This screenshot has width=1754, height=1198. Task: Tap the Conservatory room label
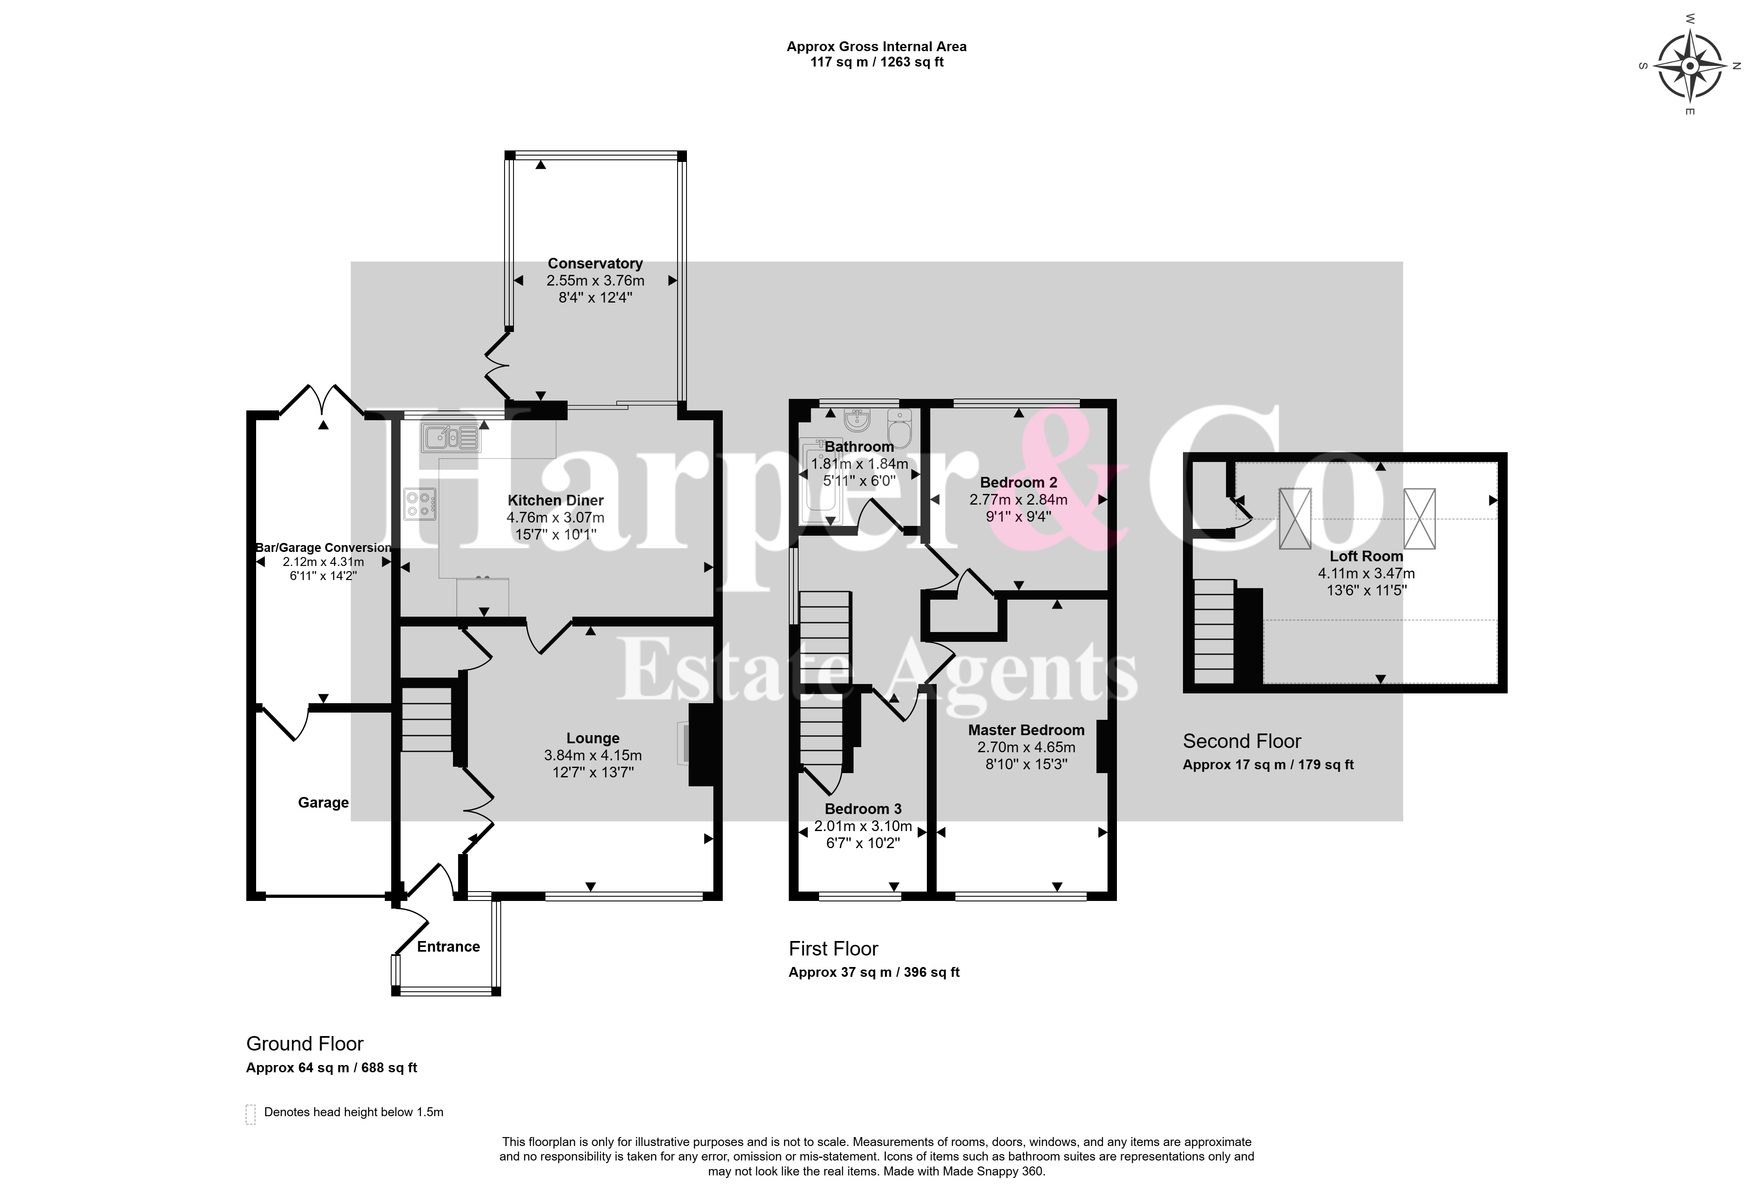click(x=595, y=263)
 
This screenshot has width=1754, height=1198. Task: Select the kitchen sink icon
click(x=450, y=437)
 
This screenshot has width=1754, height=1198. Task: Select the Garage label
click(x=323, y=803)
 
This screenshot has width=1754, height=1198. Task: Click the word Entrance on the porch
click(x=448, y=947)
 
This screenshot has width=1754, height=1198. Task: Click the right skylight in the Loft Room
click(x=1419, y=519)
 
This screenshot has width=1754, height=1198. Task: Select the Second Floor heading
click(x=1241, y=741)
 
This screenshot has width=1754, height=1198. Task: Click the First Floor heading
click(x=833, y=949)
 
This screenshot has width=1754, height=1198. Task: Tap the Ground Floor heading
click(x=305, y=1044)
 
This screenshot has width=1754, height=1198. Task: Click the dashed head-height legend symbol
click(x=251, y=1114)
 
